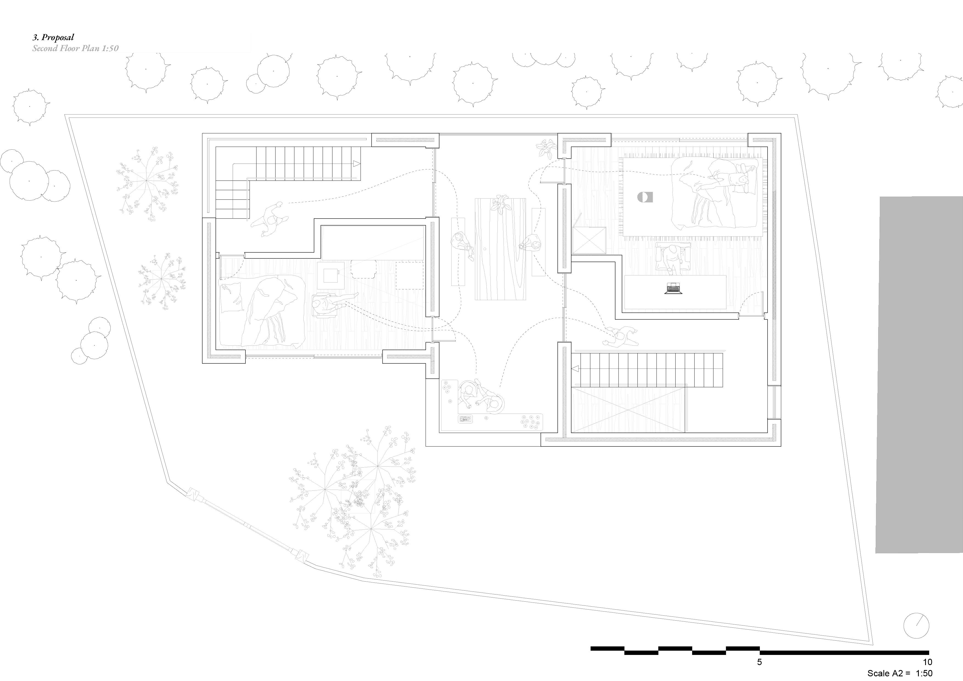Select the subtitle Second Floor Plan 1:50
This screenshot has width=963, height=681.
tap(75, 48)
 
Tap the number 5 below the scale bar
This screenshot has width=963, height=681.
tap(759, 662)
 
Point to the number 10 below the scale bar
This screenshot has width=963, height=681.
tap(927, 662)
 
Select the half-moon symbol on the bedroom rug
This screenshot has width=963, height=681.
tap(645, 197)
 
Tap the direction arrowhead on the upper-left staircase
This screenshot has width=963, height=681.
tap(357, 163)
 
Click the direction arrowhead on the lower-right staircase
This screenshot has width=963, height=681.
tap(575, 369)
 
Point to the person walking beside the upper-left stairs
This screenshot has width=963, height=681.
tap(270, 219)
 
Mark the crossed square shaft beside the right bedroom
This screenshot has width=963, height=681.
tap(589, 241)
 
